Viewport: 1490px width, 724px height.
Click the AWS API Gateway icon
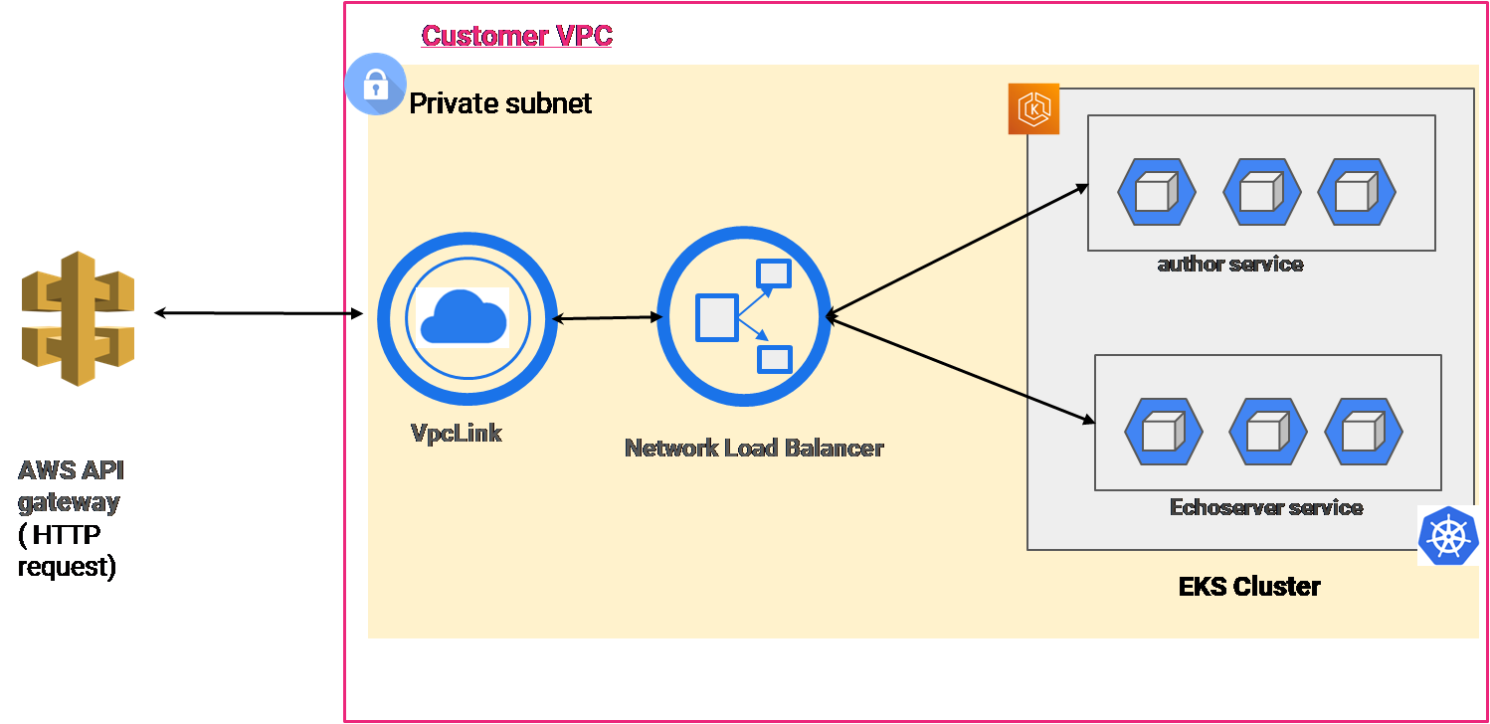[x=78, y=318]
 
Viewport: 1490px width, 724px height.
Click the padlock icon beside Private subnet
[x=375, y=86]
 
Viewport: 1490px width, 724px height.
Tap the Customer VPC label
[x=517, y=36]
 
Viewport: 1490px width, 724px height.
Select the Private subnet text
[x=500, y=102]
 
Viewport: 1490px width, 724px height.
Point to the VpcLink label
[x=457, y=433]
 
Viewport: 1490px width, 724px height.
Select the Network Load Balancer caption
[x=754, y=448]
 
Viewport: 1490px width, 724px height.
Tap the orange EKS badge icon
[x=1033, y=108]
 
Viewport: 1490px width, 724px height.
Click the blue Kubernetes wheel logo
[x=1448, y=535]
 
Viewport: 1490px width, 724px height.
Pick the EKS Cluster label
[x=1249, y=586]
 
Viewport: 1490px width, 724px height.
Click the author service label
[x=1230, y=264]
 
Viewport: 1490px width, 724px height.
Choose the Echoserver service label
[x=1266, y=507]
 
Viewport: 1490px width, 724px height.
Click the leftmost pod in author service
[x=1156, y=191]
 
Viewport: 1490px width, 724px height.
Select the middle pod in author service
[x=1261, y=191]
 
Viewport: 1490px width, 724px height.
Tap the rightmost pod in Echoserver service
[x=1364, y=433]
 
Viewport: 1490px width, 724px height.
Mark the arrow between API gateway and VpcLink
[x=259, y=314]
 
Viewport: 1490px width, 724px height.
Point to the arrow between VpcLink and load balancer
[x=608, y=318]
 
